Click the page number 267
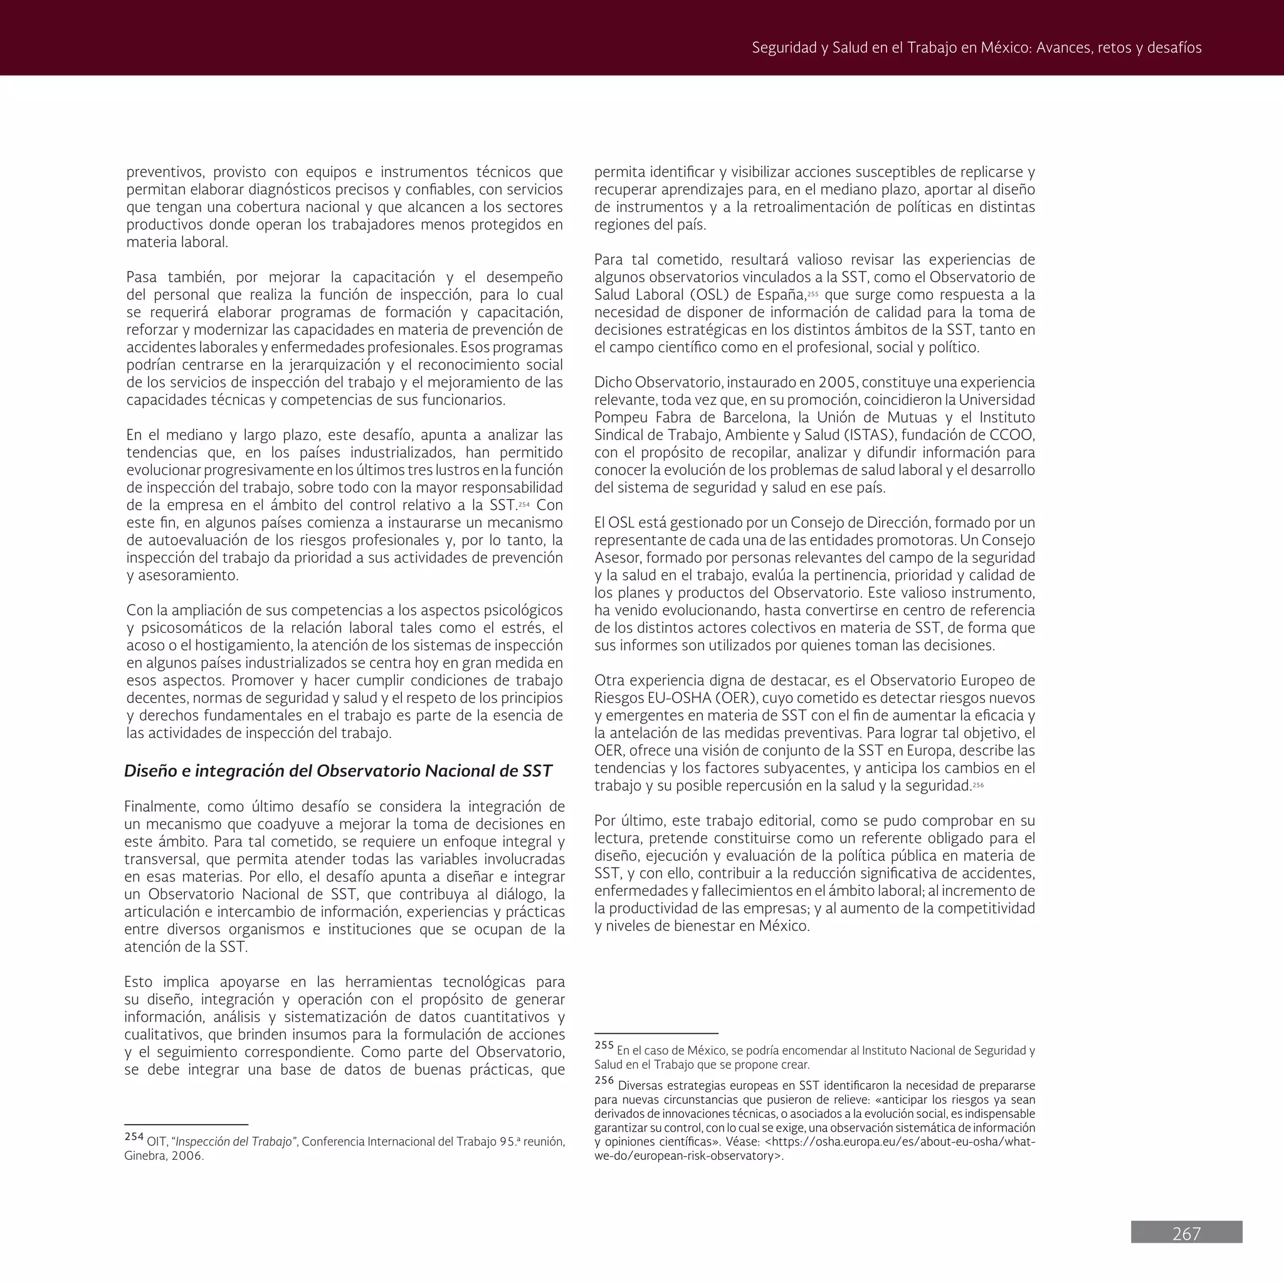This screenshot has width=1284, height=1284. pos(1186,1233)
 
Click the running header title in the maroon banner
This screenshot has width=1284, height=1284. pos(976,48)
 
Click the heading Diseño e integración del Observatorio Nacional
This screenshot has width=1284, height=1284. pos(338,771)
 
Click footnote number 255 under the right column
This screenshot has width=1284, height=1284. pos(604,1045)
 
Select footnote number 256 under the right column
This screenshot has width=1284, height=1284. pos(604,1081)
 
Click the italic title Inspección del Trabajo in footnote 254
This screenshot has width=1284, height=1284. pos(234,1142)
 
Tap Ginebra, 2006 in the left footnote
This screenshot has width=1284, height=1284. pos(164,1155)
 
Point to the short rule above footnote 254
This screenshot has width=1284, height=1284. pos(186,1125)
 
